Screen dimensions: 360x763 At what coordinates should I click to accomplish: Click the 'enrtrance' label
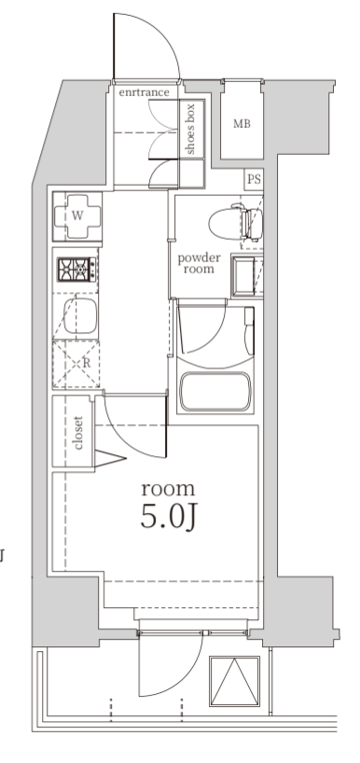click(144, 92)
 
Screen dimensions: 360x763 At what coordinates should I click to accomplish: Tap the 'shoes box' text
click(189, 129)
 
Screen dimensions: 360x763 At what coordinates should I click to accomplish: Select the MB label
click(242, 124)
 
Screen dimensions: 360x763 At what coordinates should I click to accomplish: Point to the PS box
click(254, 179)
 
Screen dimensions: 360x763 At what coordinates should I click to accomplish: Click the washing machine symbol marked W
click(77, 216)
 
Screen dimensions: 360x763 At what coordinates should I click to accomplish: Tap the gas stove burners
click(76, 270)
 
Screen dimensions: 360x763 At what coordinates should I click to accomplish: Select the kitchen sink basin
click(80, 316)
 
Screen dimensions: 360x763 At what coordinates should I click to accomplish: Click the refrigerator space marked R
click(76, 364)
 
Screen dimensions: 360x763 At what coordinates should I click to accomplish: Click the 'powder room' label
click(199, 263)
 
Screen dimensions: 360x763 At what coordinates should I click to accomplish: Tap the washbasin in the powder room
click(247, 276)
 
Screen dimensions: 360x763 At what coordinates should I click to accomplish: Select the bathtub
click(215, 392)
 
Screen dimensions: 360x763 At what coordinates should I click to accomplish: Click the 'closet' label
click(77, 433)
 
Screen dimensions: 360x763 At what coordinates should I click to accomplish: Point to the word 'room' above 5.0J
click(168, 489)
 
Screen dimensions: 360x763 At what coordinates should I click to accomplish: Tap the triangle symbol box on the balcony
click(234, 681)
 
